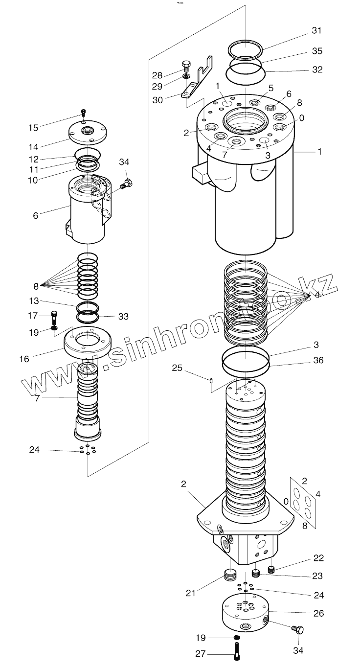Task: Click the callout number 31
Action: (x=317, y=30)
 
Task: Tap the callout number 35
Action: (x=317, y=51)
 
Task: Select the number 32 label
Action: (x=317, y=69)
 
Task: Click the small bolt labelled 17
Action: (x=54, y=315)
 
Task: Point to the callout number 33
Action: (x=123, y=317)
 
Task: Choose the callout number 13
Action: (x=33, y=301)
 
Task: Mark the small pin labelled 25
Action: (x=212, y=381)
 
